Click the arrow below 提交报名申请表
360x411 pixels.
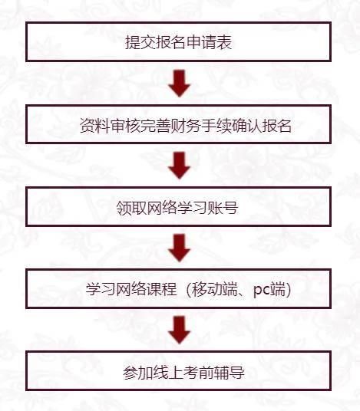point(180,84)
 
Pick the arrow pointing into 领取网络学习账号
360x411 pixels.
point(180,166)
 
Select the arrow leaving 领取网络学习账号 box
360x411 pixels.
point(180,248)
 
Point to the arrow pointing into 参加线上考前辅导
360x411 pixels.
point(180,330)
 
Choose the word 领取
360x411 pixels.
point(131,208)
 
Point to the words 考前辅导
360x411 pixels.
point(214,372)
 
